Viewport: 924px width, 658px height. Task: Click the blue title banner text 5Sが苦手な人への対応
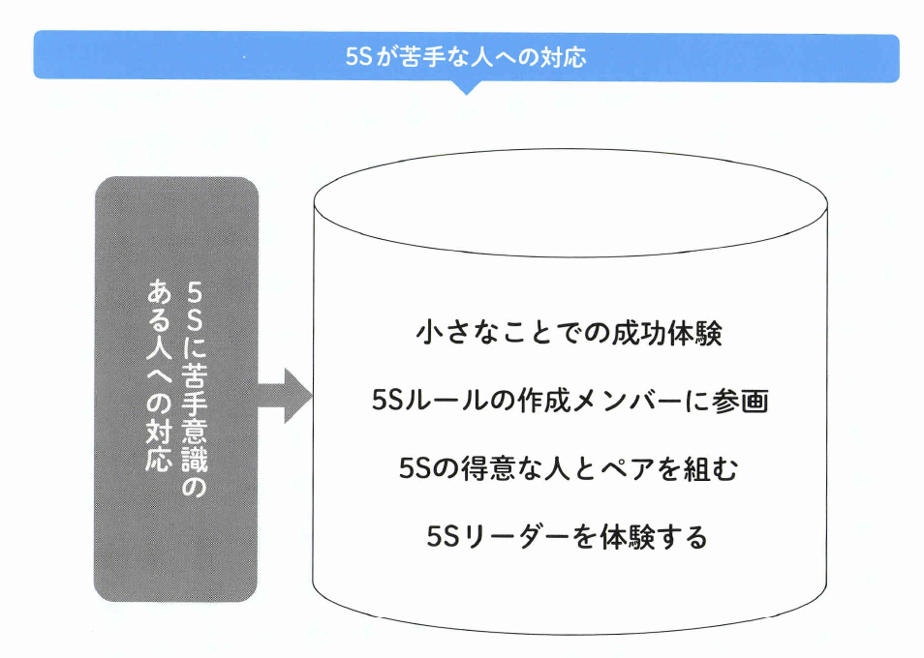coord(466,57)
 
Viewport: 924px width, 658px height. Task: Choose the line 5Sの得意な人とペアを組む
coord(570,469)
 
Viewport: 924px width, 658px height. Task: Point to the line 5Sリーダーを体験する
coord(568,536)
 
